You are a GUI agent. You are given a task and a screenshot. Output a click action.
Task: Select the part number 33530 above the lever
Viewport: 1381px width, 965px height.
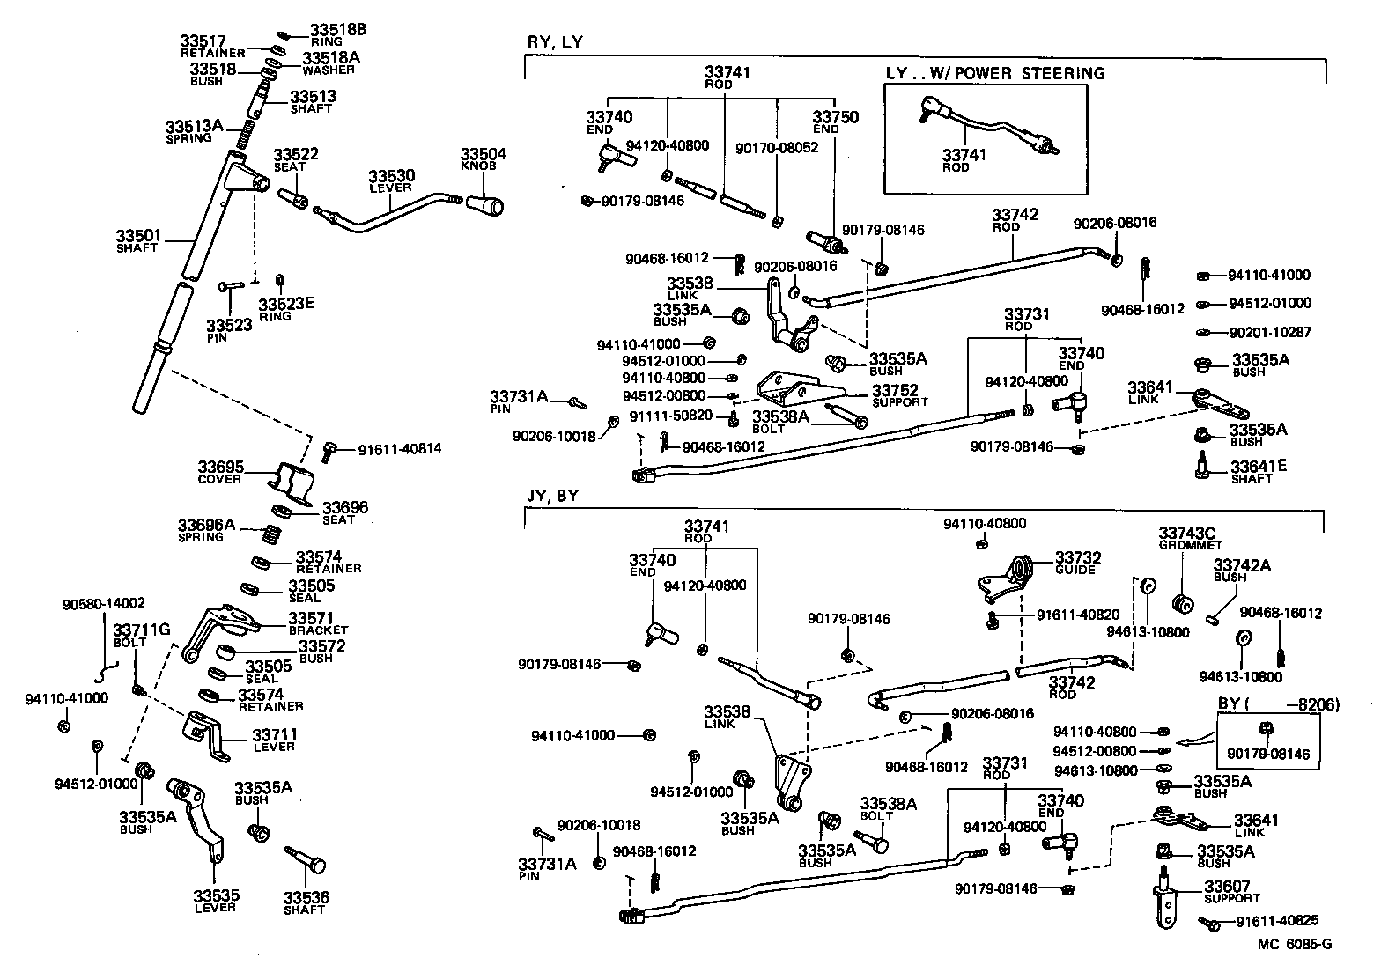pos(391,176)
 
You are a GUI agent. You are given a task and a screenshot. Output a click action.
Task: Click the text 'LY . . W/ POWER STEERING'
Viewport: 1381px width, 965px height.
pos(994,73)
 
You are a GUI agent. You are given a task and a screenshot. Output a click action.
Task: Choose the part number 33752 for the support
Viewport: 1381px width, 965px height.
pos(895,390)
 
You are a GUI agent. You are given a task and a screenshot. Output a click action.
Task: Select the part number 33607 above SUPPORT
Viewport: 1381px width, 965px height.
pos(1228,887)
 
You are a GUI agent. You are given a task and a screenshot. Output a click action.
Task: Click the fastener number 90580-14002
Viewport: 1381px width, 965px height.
pos(104,604)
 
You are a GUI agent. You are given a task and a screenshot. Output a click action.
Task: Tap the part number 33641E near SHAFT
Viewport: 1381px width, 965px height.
pos(1258,466)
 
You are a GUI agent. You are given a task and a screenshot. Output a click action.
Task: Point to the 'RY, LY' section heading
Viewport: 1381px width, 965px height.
pos(555,42)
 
